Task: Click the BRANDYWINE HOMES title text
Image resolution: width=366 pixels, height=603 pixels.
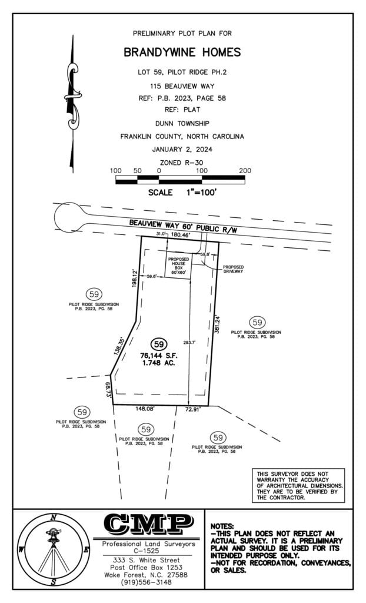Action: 182,52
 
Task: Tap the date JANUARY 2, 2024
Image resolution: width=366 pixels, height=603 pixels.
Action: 182,149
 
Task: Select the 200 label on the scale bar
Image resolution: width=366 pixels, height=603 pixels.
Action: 245,171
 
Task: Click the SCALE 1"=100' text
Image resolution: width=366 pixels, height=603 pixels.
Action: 182,193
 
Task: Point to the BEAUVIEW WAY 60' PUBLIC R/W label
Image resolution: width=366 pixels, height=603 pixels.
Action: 183,226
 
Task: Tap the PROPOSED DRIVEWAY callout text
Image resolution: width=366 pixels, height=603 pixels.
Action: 234,269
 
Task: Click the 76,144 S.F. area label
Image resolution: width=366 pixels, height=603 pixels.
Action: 158,355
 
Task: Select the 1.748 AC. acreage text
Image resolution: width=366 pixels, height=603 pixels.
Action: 158,363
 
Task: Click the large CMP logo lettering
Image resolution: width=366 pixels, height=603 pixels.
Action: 148,523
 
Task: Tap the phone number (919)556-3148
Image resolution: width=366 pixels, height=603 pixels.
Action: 147,582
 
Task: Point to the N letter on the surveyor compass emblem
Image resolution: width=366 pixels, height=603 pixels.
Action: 54,518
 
